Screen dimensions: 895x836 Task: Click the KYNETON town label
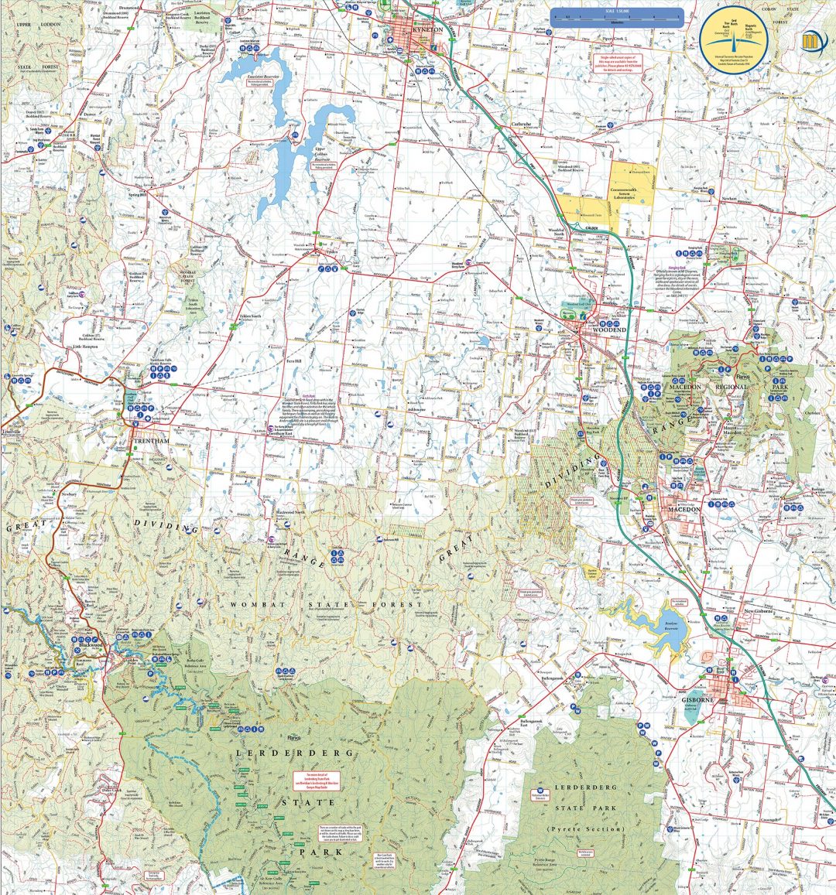pos(427,29)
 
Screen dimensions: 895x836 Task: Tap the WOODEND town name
pos(608,330)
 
